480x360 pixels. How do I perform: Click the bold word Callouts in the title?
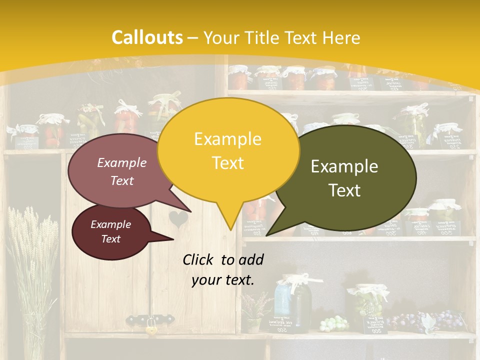point(147,37)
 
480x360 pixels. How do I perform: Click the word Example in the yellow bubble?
point(227,139)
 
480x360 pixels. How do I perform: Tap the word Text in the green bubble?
point(345,190)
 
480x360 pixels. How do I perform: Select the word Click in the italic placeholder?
point(198,259)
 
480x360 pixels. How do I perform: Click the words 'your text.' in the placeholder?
point(223,280)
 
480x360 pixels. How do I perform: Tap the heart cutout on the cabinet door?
point(177,218)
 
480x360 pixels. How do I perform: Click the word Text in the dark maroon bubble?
point(111,239)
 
